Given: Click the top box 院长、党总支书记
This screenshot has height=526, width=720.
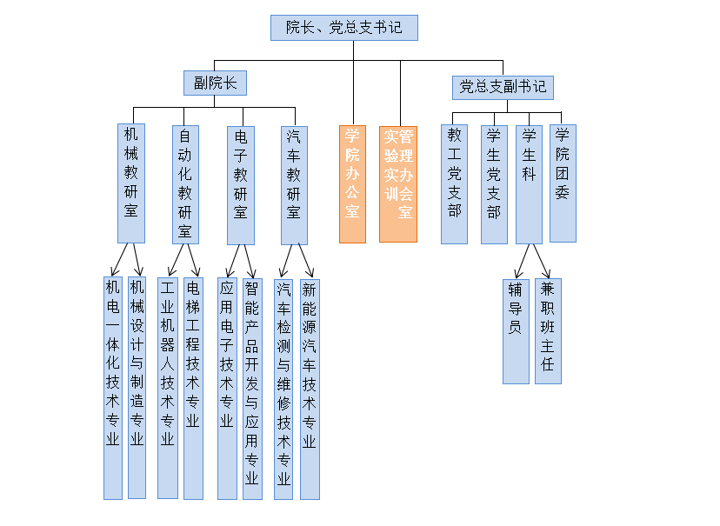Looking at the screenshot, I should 343,28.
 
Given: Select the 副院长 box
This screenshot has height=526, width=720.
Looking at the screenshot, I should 216,83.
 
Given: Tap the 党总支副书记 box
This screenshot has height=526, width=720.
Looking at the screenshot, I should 503,87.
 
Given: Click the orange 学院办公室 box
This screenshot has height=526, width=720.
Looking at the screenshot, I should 352,184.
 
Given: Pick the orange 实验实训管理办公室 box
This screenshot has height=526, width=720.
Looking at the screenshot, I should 399,184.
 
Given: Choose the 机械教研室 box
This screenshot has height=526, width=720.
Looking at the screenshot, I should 131,183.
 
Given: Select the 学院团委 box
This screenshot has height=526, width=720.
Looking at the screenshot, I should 563,183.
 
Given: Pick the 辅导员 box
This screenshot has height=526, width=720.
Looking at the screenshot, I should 516,330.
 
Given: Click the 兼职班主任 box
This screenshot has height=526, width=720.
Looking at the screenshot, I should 548,330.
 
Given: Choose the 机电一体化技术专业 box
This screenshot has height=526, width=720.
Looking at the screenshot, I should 113,388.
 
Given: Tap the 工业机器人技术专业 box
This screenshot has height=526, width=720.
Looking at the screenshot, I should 168,388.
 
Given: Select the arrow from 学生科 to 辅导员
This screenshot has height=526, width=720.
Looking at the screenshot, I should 522,261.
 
